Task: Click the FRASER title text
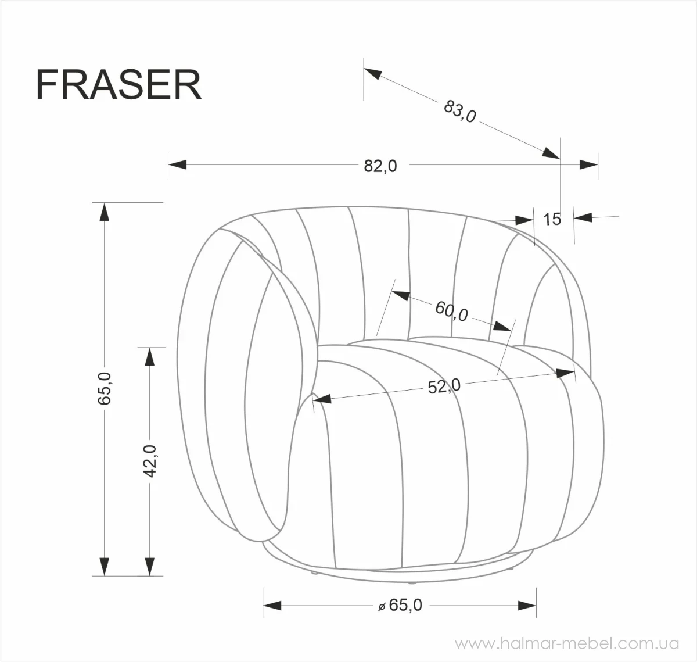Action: click(118, 85)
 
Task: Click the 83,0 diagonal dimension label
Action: click(459, 112)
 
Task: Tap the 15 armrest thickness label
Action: click(552, 219)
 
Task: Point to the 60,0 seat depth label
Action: click(451, 311)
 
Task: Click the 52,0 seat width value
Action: click(444, 386)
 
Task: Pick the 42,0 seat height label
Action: click(150, 461)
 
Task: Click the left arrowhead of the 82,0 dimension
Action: click(177, 164)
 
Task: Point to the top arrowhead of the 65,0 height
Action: click(104, 212)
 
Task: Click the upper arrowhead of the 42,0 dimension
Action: click(150, 356)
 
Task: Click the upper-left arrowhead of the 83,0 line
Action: click(373, 74)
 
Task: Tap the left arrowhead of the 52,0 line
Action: click(322, 399)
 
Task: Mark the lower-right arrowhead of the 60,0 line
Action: click(503, 326)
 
